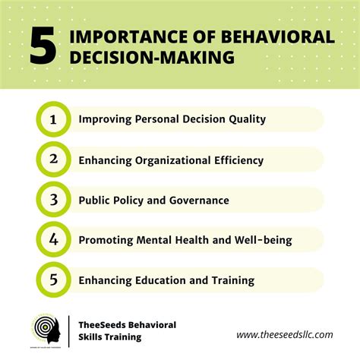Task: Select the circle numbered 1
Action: pyautogui.click(x=53, y=119)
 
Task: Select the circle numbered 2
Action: pyautogui.click(x=53, y=159)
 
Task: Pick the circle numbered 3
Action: pyautogui.click(x=53, y=200)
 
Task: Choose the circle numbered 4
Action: pyautogui.click(x=53, y=240)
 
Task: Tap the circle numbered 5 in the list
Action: pyautogui.click(x=53, y=280)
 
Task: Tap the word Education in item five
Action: pyautogui.click(x=163, y=280)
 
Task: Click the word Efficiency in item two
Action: pyautogui.click(x=236, y=160)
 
